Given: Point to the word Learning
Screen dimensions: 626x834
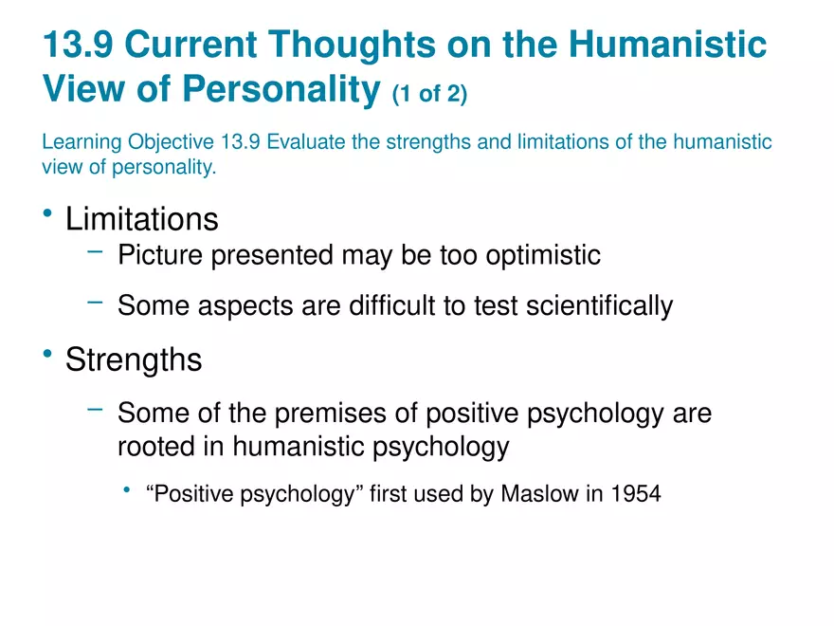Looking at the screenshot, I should tap(79, 142).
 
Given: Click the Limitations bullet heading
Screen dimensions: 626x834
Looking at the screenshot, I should tap(141, 219).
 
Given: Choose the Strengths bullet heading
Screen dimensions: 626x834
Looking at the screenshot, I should tap(133, 360).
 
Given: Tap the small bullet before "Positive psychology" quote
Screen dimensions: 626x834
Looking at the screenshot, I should tap(126, 490).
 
